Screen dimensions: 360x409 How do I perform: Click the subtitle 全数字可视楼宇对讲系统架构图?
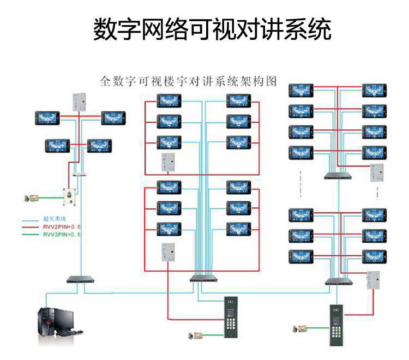coord(189,82)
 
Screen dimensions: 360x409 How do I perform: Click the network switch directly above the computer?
coord(81,279)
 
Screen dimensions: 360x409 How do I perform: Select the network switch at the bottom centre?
coord(203,279)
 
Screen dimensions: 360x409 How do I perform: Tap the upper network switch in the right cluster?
coord(336,176)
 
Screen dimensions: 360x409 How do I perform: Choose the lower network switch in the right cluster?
coord(338,281)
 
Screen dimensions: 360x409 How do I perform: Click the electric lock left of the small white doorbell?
coord(33,197)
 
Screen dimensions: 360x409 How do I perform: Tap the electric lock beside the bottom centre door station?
coord(196,334)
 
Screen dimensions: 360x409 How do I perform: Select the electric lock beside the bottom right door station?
coord(299,329)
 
